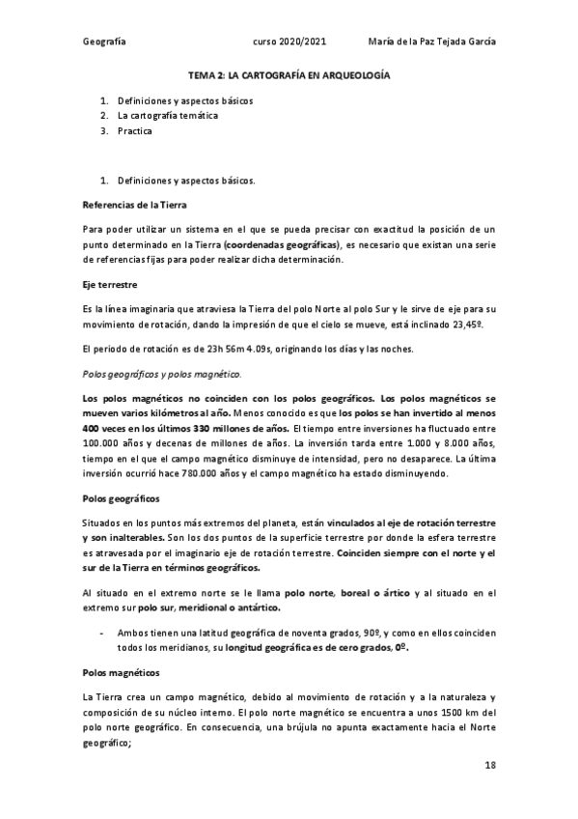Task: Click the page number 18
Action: click(x=490, y=765)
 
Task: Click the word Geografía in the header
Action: click(x=105, y=43)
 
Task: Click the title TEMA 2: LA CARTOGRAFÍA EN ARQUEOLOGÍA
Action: click(x=289, y=74)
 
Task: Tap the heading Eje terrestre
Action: click(x=110, y=286)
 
